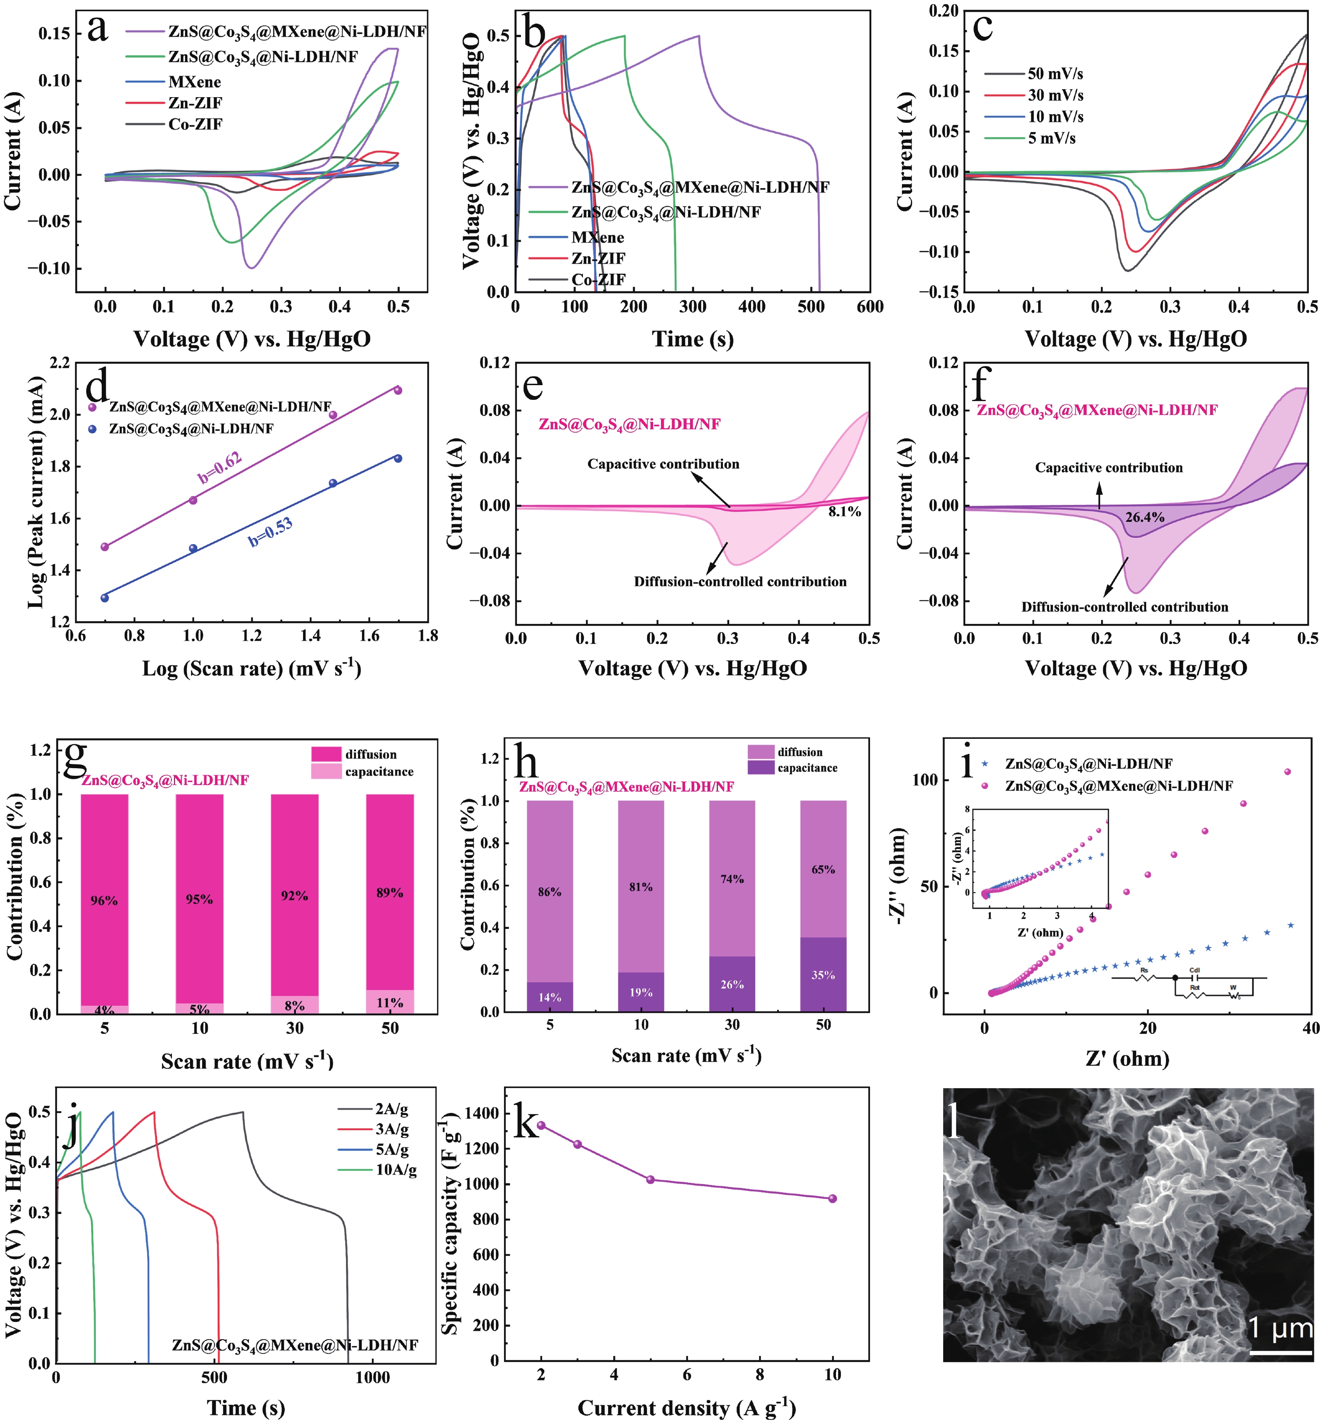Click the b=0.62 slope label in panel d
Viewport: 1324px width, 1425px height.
click(219, 468)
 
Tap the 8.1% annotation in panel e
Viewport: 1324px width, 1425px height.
click(845, 512)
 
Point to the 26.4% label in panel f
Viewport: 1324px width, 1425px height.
click(1144, 517)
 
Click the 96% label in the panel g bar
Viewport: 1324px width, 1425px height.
click(104, 900)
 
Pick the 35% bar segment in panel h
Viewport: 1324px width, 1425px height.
click(823, 975)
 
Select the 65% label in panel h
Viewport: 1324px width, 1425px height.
click(823, 870)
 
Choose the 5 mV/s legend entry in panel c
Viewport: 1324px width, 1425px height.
click(1051, 138)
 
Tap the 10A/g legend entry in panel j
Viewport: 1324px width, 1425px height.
click(396, 1170)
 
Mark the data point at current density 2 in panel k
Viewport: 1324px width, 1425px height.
click(541, 1125)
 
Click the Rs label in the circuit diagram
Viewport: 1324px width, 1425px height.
click(1144, 970)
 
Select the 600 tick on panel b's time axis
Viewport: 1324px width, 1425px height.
click(869, 307)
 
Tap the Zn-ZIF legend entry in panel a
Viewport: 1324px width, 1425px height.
click(195, 103)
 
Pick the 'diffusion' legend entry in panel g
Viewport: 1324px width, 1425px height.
click(370, 754)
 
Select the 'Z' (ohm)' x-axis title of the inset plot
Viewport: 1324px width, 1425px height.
click(1039, 933)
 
